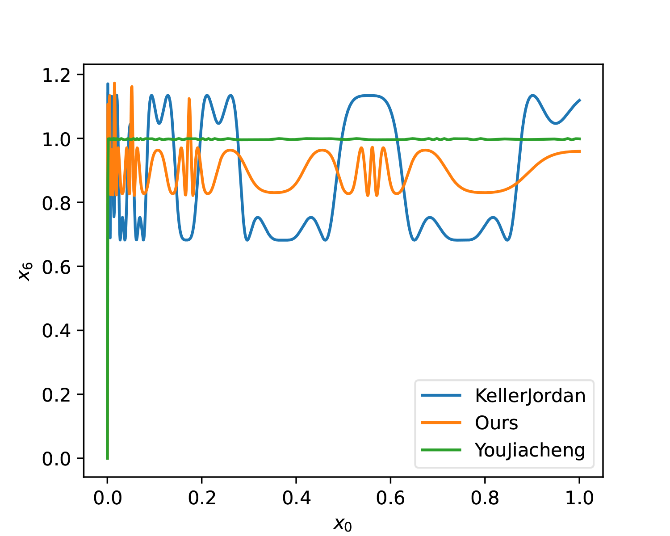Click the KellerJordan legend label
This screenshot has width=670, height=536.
tap(530, 396)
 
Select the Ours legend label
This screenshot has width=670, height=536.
tap(496, 423)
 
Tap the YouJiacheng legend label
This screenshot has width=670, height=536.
tap(530, 450)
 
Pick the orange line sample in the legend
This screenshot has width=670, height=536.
tap(441, 423)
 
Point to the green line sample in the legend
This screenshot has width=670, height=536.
tap(441, 450)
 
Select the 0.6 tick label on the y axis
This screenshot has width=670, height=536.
tap(56, 267)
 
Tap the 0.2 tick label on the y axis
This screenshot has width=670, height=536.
tap(56, 395)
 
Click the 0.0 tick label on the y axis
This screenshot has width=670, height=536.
tap(56, 459)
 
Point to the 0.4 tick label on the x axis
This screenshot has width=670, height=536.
tap(296, 498)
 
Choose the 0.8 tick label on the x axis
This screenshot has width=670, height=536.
tap(485, 498)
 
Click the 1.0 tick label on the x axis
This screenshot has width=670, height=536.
tap(579, 498)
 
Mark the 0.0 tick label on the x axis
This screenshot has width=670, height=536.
tap(107, 498)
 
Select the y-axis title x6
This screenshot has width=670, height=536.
tap(25, 271)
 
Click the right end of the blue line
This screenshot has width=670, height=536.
tap(580, 100)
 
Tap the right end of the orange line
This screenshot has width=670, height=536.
tap(580, 151)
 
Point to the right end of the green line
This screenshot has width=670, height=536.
tap(580, 139)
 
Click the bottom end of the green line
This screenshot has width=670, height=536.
tap(107, 458)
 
